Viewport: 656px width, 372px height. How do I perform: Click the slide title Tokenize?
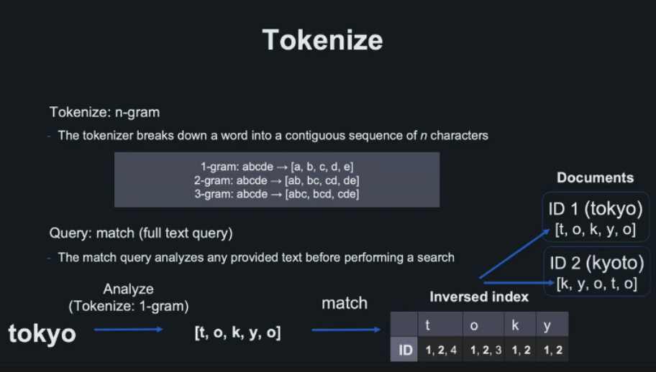click(322, 39)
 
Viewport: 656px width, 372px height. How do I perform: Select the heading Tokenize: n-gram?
click(104, 113)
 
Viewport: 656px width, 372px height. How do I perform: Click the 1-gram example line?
click(277, 167)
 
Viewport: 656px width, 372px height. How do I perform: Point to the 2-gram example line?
click(277, 180)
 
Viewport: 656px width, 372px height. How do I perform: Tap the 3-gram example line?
click(277, 193)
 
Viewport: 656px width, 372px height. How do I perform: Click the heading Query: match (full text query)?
click(141, 233)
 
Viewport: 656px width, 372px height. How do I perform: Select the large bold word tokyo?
click(42, 333)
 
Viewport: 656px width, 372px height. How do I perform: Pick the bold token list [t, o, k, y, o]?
click(237, 333)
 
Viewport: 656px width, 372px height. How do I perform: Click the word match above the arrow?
click(345, 303)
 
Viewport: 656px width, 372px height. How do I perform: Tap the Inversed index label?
click(479, 297)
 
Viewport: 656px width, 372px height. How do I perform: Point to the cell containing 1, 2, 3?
click(483, 350)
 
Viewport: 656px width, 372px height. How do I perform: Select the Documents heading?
click(595, 178)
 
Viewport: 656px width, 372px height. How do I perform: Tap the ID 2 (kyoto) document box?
click(596, 271)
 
